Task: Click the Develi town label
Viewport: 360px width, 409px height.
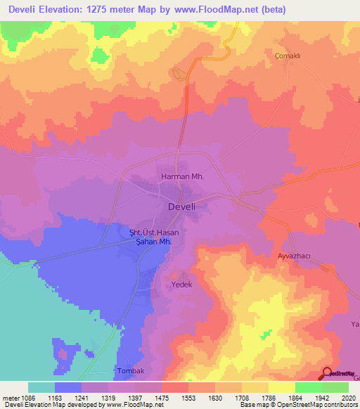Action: (186, 207)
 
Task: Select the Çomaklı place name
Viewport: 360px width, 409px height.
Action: (288, 54)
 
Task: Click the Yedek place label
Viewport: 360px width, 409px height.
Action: (181, 286)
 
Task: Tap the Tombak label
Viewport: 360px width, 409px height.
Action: (129, 371)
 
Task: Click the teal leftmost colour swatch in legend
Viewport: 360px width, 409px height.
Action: (41, 387)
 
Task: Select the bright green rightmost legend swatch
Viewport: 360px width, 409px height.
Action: (335, 387)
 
